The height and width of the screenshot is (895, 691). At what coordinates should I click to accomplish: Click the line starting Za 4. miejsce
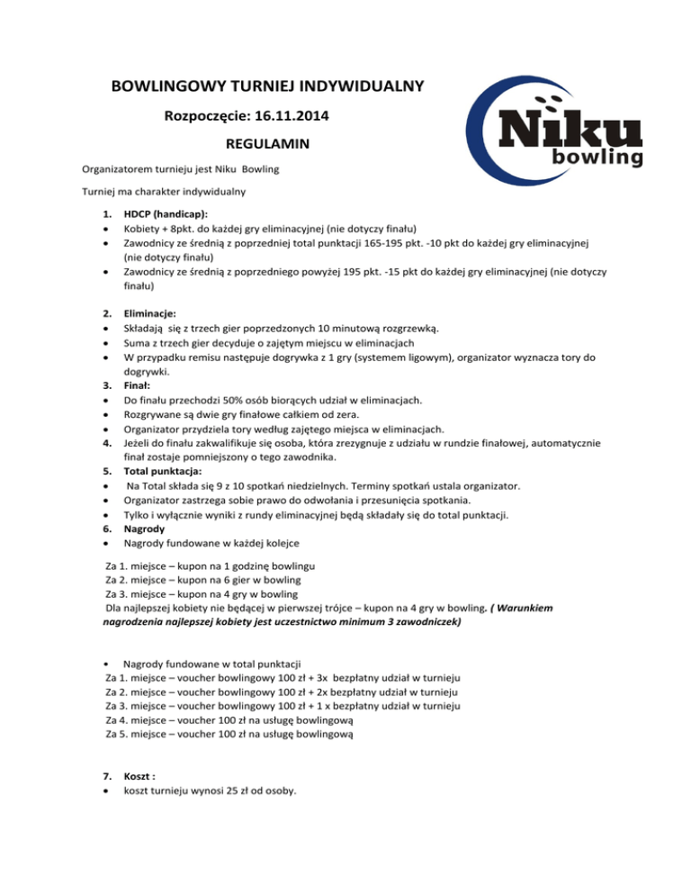pyautogui.click(x=233, y=719)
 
